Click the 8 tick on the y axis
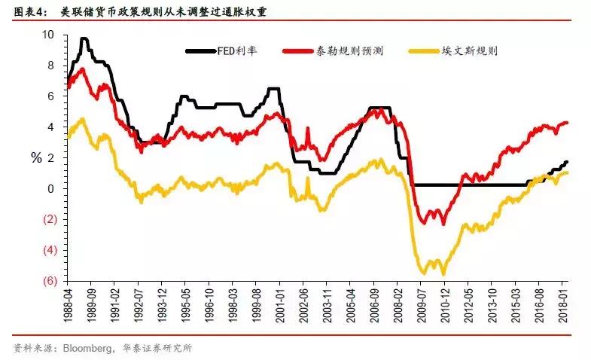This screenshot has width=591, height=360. click(50, 66)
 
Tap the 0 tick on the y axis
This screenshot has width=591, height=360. click(50, 189)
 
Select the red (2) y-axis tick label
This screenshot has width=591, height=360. click(47, 220)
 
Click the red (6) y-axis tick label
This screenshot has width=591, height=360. click(47, 281)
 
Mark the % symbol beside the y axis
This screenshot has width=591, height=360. click(35, 158)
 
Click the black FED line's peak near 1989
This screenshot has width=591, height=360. click(84, 38)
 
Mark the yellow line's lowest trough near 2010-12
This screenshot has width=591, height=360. click(443, 273)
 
